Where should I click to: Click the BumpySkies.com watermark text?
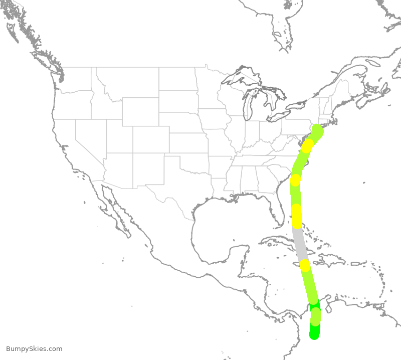click(34, 349)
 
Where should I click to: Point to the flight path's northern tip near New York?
click(318, 130)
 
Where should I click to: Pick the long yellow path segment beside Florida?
click(297, 216)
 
